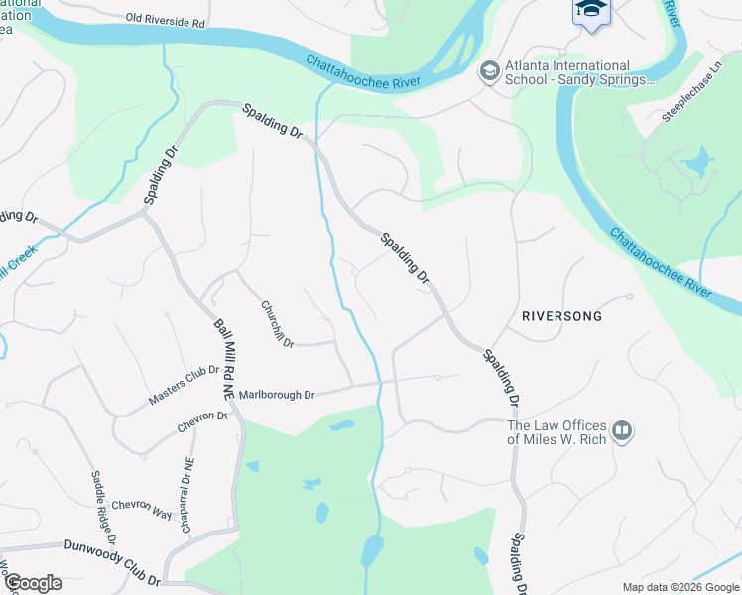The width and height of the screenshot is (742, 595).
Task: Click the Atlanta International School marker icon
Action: click(488, 71)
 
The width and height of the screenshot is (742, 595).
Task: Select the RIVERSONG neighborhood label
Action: click(561, 315)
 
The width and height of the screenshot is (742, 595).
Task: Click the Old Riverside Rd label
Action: click(166, 19)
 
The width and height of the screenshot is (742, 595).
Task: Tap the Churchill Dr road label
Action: click(277, 323)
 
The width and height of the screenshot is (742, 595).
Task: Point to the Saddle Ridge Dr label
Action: click(104, 509)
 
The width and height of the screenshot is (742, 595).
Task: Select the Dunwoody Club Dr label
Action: click(112, 561)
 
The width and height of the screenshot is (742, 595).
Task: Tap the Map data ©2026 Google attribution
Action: click(680, 587)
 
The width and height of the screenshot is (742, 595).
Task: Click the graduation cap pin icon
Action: click(590, 10)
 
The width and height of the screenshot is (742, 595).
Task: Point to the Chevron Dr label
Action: click(203, 421)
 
